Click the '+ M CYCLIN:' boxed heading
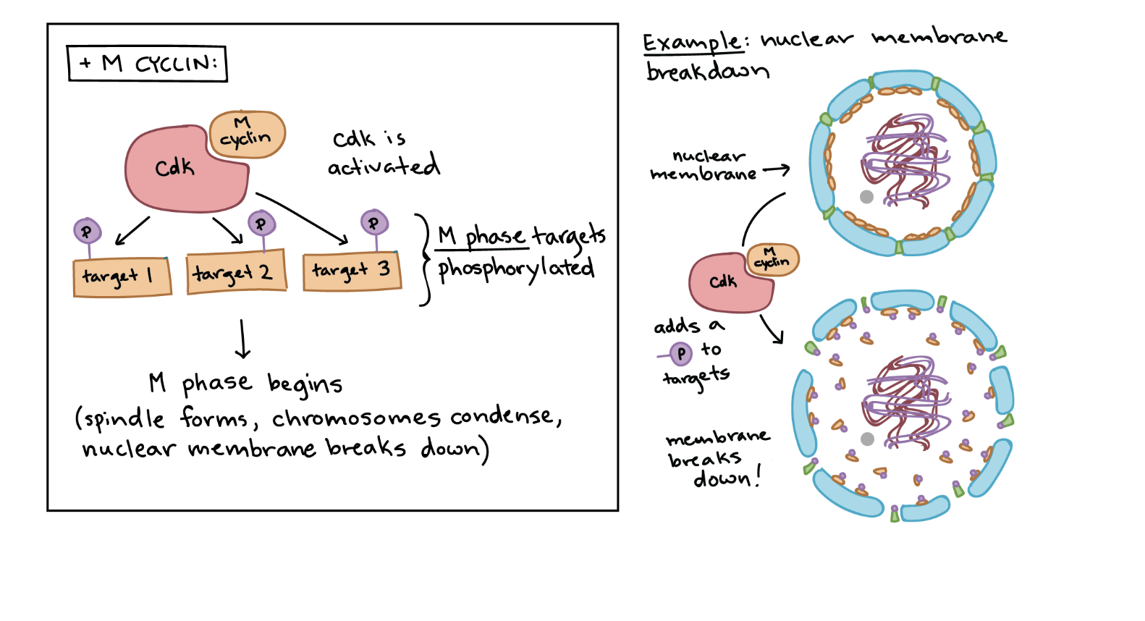point(147,64)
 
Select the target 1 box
point(122,277)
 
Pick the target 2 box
point(236,272)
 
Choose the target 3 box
point(351,271)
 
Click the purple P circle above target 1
point(87,232)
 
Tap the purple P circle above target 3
point(373,223)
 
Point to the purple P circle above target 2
point(261,224)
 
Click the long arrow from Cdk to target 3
point(303,218)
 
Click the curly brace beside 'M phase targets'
point(424,258)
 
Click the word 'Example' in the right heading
point(691,42)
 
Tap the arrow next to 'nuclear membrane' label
point(776,170)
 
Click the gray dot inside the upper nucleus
point(866,196)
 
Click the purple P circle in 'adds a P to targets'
point(680,354)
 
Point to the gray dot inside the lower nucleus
point(867,439)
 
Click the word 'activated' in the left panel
point(384,166)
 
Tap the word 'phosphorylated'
point(515,269)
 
